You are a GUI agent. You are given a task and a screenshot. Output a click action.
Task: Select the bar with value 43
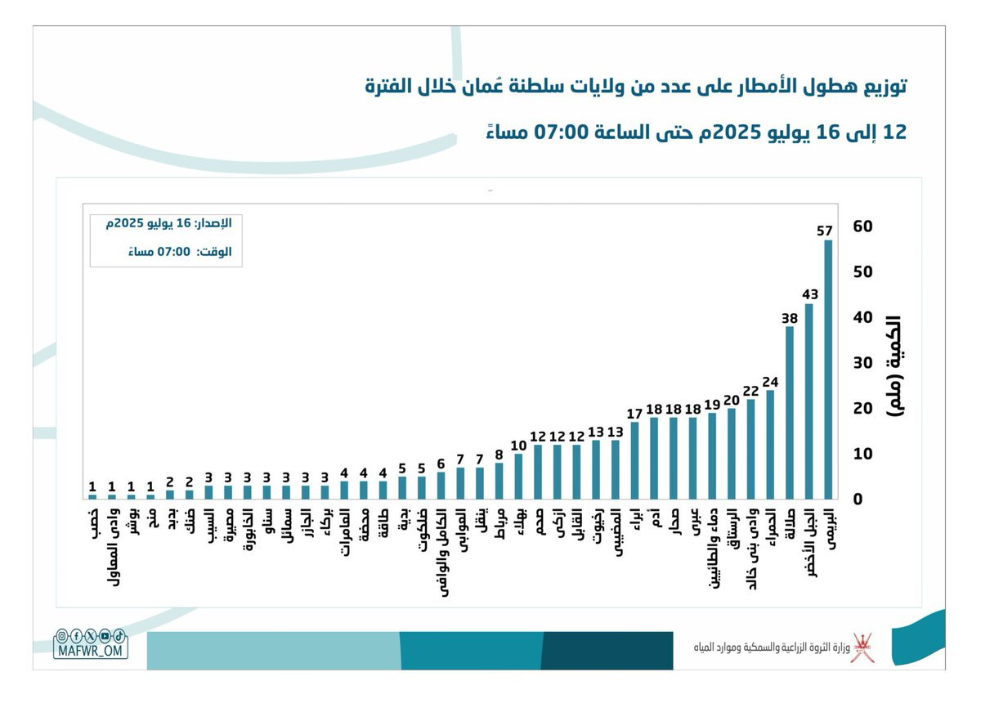(809, 401)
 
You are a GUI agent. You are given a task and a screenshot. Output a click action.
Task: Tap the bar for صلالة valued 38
(790, 413)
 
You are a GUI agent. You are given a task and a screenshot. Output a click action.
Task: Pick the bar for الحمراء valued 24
(770, 445)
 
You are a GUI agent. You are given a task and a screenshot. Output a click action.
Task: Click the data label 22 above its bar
(750, 391)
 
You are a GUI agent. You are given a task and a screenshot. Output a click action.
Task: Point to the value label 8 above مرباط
(499, 455)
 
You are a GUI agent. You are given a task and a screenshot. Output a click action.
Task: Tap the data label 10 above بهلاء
(518, 446)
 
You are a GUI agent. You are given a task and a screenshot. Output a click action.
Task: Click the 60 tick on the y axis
(862, 226)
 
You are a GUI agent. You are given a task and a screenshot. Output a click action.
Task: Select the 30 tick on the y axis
(862, 363)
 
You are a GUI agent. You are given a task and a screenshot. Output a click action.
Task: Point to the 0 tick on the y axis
(857, 500)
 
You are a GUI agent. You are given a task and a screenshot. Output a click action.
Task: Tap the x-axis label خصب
(92, 522)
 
